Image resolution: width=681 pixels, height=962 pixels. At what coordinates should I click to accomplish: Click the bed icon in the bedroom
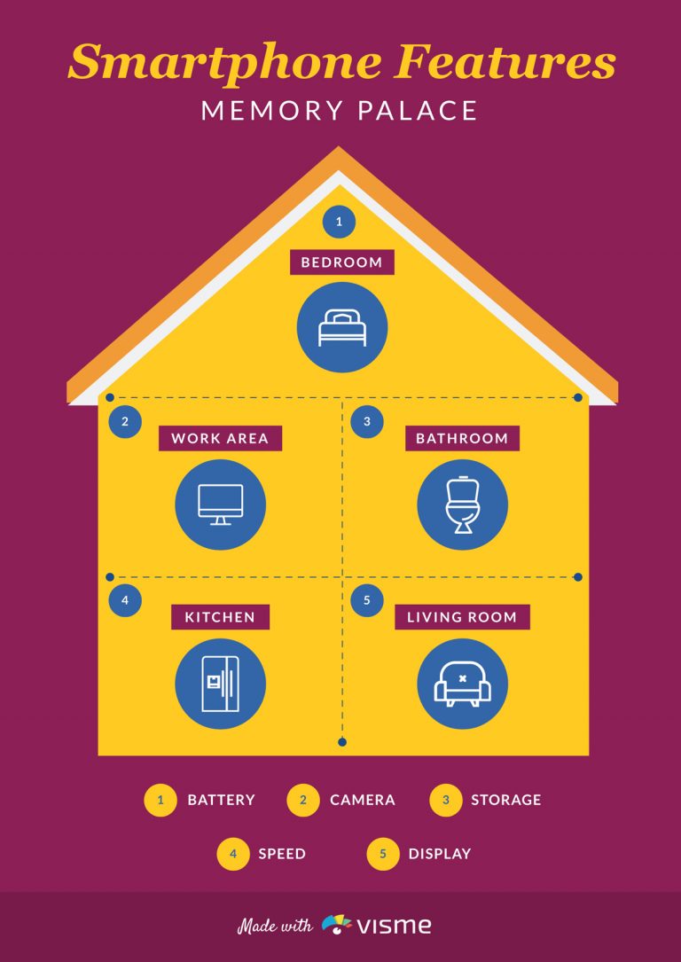pos(341,328)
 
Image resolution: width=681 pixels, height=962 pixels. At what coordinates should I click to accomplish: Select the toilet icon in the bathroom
pos(462,504)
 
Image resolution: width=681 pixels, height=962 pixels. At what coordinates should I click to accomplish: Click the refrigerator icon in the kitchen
pos(220,684)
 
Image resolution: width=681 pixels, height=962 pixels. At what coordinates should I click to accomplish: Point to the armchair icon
pos(462,684)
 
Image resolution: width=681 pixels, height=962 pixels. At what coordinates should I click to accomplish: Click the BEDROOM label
pos(341,262)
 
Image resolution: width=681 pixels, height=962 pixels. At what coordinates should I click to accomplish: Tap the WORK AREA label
pos(220,438)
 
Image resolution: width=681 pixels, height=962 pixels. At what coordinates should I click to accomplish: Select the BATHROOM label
pos(462,438)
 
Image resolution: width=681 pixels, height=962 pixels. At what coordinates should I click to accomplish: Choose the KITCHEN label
pos(220,616)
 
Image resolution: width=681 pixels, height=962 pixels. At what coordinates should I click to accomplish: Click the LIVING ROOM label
pos(462,616)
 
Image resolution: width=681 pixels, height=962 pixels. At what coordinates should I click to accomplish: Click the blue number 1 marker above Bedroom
pos(340,222)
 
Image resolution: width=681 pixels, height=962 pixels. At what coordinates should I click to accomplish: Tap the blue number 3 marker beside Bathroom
pos(367,421)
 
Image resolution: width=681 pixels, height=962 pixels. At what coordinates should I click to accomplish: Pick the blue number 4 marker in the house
pos(125,600)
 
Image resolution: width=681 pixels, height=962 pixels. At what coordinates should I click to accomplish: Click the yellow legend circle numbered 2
pos(303,800)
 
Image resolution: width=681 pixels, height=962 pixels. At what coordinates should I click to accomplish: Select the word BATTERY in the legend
pos(221,800)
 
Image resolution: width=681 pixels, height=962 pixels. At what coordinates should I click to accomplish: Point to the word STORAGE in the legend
pos(506,800)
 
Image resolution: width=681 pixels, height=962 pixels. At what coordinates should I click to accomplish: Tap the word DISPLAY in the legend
pos(440,854)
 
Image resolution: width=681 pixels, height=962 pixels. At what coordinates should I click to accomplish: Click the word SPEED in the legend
pos(282,854)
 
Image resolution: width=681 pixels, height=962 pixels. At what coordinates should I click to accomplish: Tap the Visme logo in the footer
pos(377,925)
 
